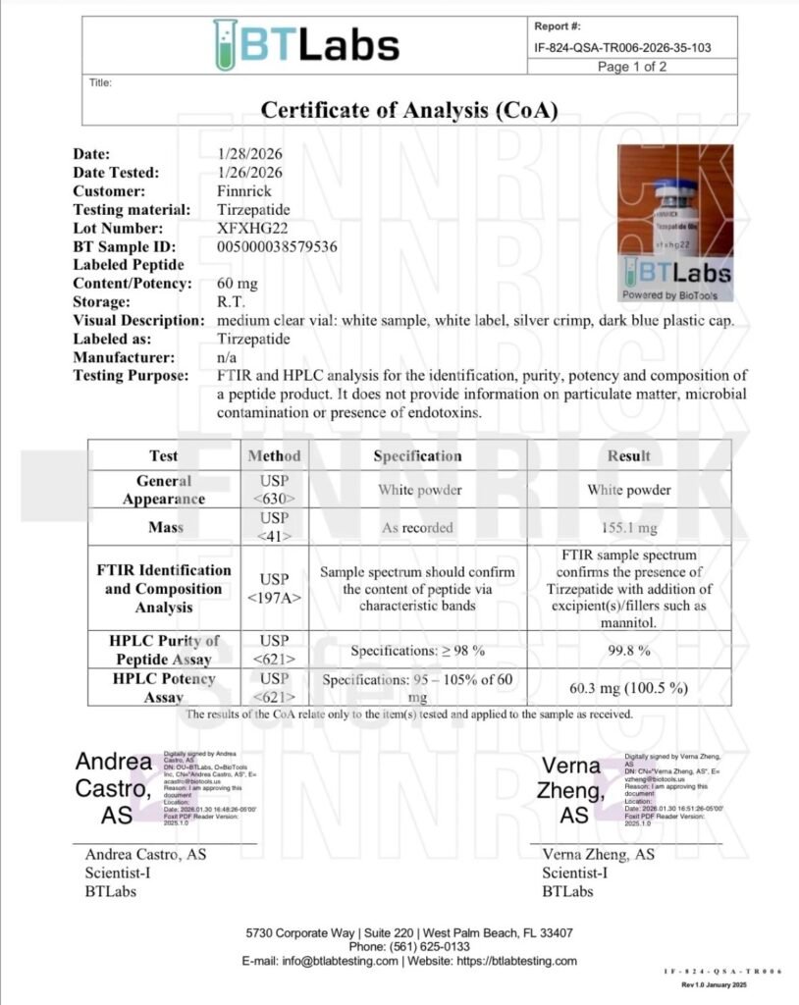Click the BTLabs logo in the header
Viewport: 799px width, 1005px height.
tap(305, 44)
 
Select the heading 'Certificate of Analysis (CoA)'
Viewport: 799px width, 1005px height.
tap(409, 110)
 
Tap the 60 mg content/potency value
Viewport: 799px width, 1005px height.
tap(237, 284)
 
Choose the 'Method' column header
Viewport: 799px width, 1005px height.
tap(275, 455)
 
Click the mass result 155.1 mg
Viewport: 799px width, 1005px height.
tap(628, 527)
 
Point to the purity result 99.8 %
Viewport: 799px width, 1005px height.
tap(628, 650)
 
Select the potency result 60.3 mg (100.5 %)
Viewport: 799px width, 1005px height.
tap(628, 687)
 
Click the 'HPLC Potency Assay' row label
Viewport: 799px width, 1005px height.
tap(164, 687)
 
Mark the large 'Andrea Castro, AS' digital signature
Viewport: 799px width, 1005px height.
tap(114, 788)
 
